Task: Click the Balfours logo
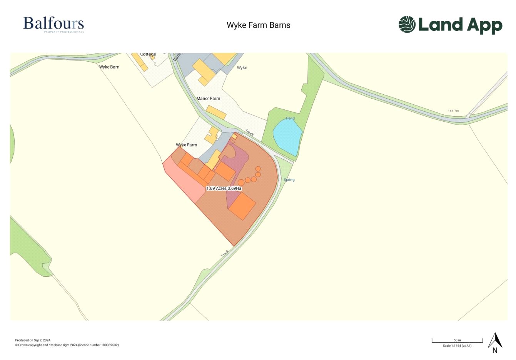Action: click(53, 24)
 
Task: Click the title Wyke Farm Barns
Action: click(258, 25)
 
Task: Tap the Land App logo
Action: click(450, 25)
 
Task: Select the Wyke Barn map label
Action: click(109, 67)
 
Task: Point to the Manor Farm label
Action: click(208, 99)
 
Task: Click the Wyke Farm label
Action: click(187, 145)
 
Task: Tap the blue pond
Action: click(287, 136)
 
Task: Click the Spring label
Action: click(289, 180)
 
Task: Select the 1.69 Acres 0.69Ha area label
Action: click(224, 188)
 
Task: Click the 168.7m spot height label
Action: click(453, 111)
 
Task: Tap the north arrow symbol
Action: click(495, 342)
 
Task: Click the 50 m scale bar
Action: click(457, 341)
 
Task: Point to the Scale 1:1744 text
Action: click(457, 346)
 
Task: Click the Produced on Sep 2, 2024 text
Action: click(33, 340)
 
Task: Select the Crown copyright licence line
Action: click(67, 345)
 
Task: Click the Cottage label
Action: click(148, 54)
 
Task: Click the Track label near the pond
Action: click(250, 133)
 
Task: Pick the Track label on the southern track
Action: click(225, 253)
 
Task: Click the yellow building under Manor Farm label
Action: click(216, 112)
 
